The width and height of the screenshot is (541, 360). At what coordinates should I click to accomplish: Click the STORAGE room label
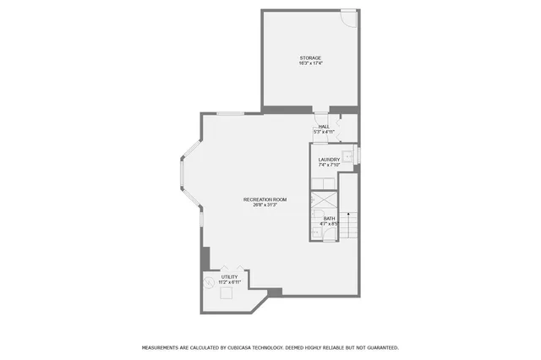click(310, 58)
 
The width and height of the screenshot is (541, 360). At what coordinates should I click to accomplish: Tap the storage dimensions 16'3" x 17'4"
click(310, 64)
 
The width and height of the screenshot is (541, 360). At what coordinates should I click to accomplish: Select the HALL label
click(324, 127)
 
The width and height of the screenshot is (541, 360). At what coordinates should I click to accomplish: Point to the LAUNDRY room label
click(329, 160)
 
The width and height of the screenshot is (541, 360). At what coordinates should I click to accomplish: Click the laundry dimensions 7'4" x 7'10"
click(329, 166)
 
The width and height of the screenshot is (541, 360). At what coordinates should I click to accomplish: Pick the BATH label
click(329, 219)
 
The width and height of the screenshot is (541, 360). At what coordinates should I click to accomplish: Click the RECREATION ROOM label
click(265, 199)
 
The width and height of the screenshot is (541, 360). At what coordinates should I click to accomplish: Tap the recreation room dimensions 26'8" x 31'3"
click(265, 205)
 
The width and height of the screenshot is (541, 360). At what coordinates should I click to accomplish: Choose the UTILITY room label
click(229, 276)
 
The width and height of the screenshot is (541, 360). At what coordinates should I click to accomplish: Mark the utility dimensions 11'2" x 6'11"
click(229, 282)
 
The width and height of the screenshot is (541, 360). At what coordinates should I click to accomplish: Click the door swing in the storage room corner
click(348, 16)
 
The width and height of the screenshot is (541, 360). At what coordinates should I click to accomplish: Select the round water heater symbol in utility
click(209, 281)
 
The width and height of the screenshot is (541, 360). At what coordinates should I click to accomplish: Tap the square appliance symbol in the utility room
click(226, 294)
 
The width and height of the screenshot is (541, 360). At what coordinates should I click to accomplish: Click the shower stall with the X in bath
click(323, 202)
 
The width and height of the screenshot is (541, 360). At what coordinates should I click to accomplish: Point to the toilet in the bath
click(329, 232)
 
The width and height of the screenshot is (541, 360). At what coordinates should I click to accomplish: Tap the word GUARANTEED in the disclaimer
click(380, 347)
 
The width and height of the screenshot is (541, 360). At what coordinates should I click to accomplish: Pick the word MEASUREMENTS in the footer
click(165, 347)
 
